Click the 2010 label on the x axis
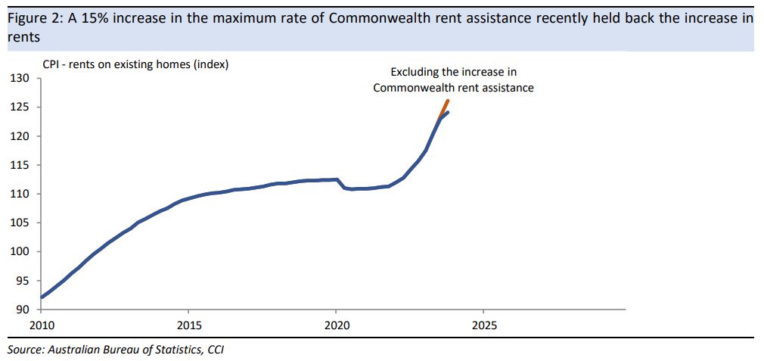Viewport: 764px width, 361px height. (x=41, y=325)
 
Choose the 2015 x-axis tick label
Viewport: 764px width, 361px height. (x=188, y=325)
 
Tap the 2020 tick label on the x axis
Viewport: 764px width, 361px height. (x=336, y=325)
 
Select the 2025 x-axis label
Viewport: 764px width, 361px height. (x=483, y=325)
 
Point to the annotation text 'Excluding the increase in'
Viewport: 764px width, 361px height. (x=453, y=72)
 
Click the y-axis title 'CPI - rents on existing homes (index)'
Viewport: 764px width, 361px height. (x=135, y=64)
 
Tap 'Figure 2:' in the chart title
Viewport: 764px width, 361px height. (x=34, y=18)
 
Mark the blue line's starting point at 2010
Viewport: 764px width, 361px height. (x=41, y=297)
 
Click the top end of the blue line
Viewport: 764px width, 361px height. (x=449, y=112)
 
